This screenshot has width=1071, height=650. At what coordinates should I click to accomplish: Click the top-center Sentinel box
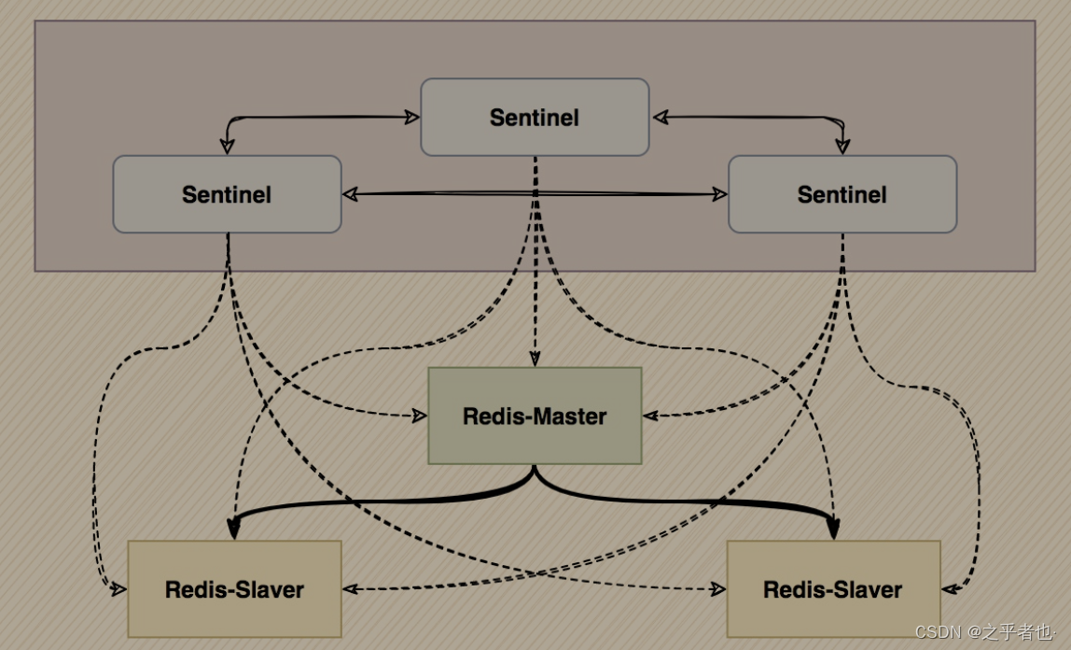click(535, 117)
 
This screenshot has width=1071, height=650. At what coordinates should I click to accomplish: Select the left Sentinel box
click(227, 194)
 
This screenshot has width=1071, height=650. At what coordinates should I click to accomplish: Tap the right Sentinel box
click(842, 194)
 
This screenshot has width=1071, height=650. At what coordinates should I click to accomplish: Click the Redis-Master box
click(535, 416)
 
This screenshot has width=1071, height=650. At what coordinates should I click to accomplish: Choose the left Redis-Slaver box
click(234, 589)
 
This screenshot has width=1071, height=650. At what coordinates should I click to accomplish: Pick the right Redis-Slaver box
click(833, 589)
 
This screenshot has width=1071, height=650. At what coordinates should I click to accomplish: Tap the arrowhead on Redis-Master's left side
click(420, 416)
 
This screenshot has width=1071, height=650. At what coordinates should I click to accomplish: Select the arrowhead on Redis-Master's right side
click(650, 416)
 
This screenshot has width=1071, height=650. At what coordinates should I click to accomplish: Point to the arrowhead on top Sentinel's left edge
click(411, 118)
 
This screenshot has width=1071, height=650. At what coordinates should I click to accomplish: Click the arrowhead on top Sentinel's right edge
click(659, 118)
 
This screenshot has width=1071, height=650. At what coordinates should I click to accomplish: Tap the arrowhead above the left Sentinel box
click(226, 147)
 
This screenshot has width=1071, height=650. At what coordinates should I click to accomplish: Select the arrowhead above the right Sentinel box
click(842, 147)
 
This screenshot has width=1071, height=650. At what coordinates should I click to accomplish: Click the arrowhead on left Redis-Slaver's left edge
click(119, 589)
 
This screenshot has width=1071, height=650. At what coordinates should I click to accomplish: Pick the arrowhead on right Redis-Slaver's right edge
click(950, 589)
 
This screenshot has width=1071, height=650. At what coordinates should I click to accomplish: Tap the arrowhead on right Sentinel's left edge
click(720, 194)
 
